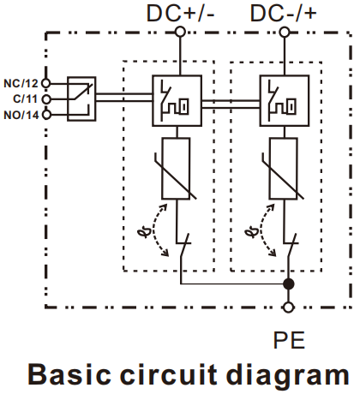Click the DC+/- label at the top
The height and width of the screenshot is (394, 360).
[x=180, y=13]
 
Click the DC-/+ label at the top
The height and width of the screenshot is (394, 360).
[x=284, y=13]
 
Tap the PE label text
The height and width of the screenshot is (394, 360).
[x=289, y=340]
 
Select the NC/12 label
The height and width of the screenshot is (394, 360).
[x=21, y=83]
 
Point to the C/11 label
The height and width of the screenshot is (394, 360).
[x=25, y=98]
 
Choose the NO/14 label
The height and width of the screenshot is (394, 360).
[x=21, y=115]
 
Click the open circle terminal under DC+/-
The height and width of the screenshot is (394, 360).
[x=180, y=32]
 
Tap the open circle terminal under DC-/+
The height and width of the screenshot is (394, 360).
[x=285, y=32]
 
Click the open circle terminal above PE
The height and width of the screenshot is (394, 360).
[x=289, y=307]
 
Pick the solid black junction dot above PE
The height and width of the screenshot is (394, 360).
[x=289, y=284]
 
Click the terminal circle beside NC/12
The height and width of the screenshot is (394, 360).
[x=46, y=83]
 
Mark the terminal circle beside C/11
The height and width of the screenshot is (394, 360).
[x=46, y=99]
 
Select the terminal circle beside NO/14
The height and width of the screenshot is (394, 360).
[x=46, y=115]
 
